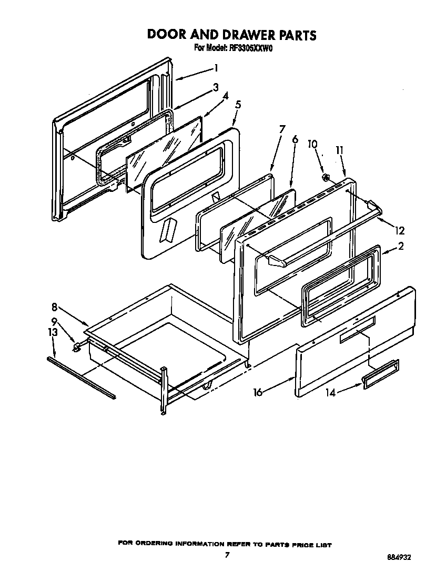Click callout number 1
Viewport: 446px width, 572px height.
pyautogui.click(x=216, y=68)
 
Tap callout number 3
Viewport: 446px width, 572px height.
pyautogui.click(x=216, y=88)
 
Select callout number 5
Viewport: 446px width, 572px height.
pyautogui.click(x=238, y=105)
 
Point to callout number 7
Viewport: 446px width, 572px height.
pyautogui.click(x=282, y=129)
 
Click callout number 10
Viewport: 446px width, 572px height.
pyautogui.click(x=312, y=144)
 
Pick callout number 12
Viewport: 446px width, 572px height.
pyautogui.click(x=401, y=230)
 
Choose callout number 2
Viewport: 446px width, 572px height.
pyautogui.click(x=401, y=246)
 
